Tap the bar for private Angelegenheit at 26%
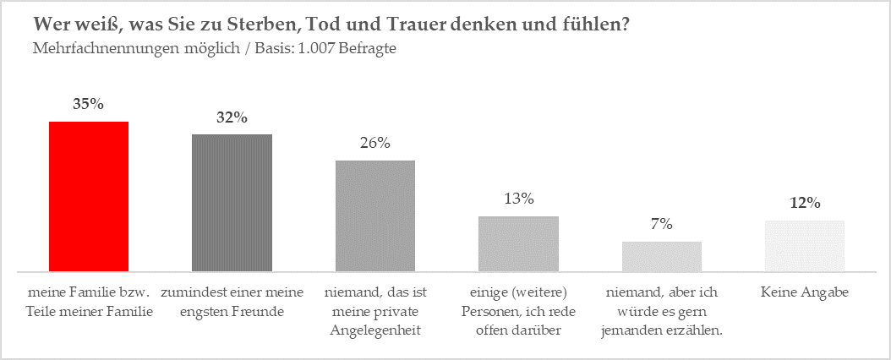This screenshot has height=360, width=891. point(375,215)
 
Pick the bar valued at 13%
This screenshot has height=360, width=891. point(518,243)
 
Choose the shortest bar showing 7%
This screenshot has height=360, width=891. point(661,256)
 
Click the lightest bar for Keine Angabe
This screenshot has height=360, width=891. point(805,246)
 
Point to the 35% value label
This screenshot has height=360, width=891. point(89,105)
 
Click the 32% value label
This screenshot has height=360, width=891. point(232,117)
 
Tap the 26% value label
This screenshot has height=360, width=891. point(375,143)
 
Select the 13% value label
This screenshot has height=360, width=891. point(518,199)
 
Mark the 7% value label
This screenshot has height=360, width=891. point(661,224)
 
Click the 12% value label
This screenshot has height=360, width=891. point(805,203)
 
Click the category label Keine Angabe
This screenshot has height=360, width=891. point(805,292)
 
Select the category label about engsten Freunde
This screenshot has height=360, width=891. point(232,302)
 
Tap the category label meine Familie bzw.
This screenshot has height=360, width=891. point(89,292)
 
